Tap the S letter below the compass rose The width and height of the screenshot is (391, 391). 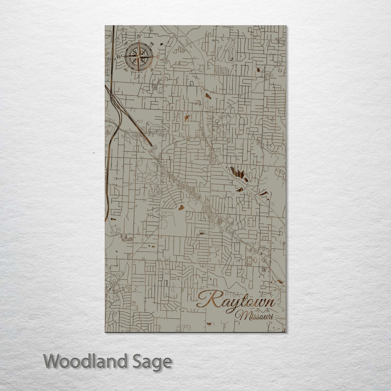138,77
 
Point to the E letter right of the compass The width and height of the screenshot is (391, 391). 158,57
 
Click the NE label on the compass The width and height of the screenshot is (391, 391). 152,44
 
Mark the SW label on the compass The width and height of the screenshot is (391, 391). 126,70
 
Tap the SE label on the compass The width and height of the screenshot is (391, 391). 152,69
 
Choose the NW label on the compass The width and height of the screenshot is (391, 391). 126,45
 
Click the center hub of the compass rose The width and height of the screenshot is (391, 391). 139,57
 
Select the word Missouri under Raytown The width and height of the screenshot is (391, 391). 254,316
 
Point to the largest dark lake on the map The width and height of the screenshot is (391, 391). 239,174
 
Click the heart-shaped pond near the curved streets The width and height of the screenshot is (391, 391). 181,207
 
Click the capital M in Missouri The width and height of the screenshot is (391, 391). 240,316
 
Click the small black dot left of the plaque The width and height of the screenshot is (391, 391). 94,153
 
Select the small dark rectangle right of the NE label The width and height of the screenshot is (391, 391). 162,44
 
